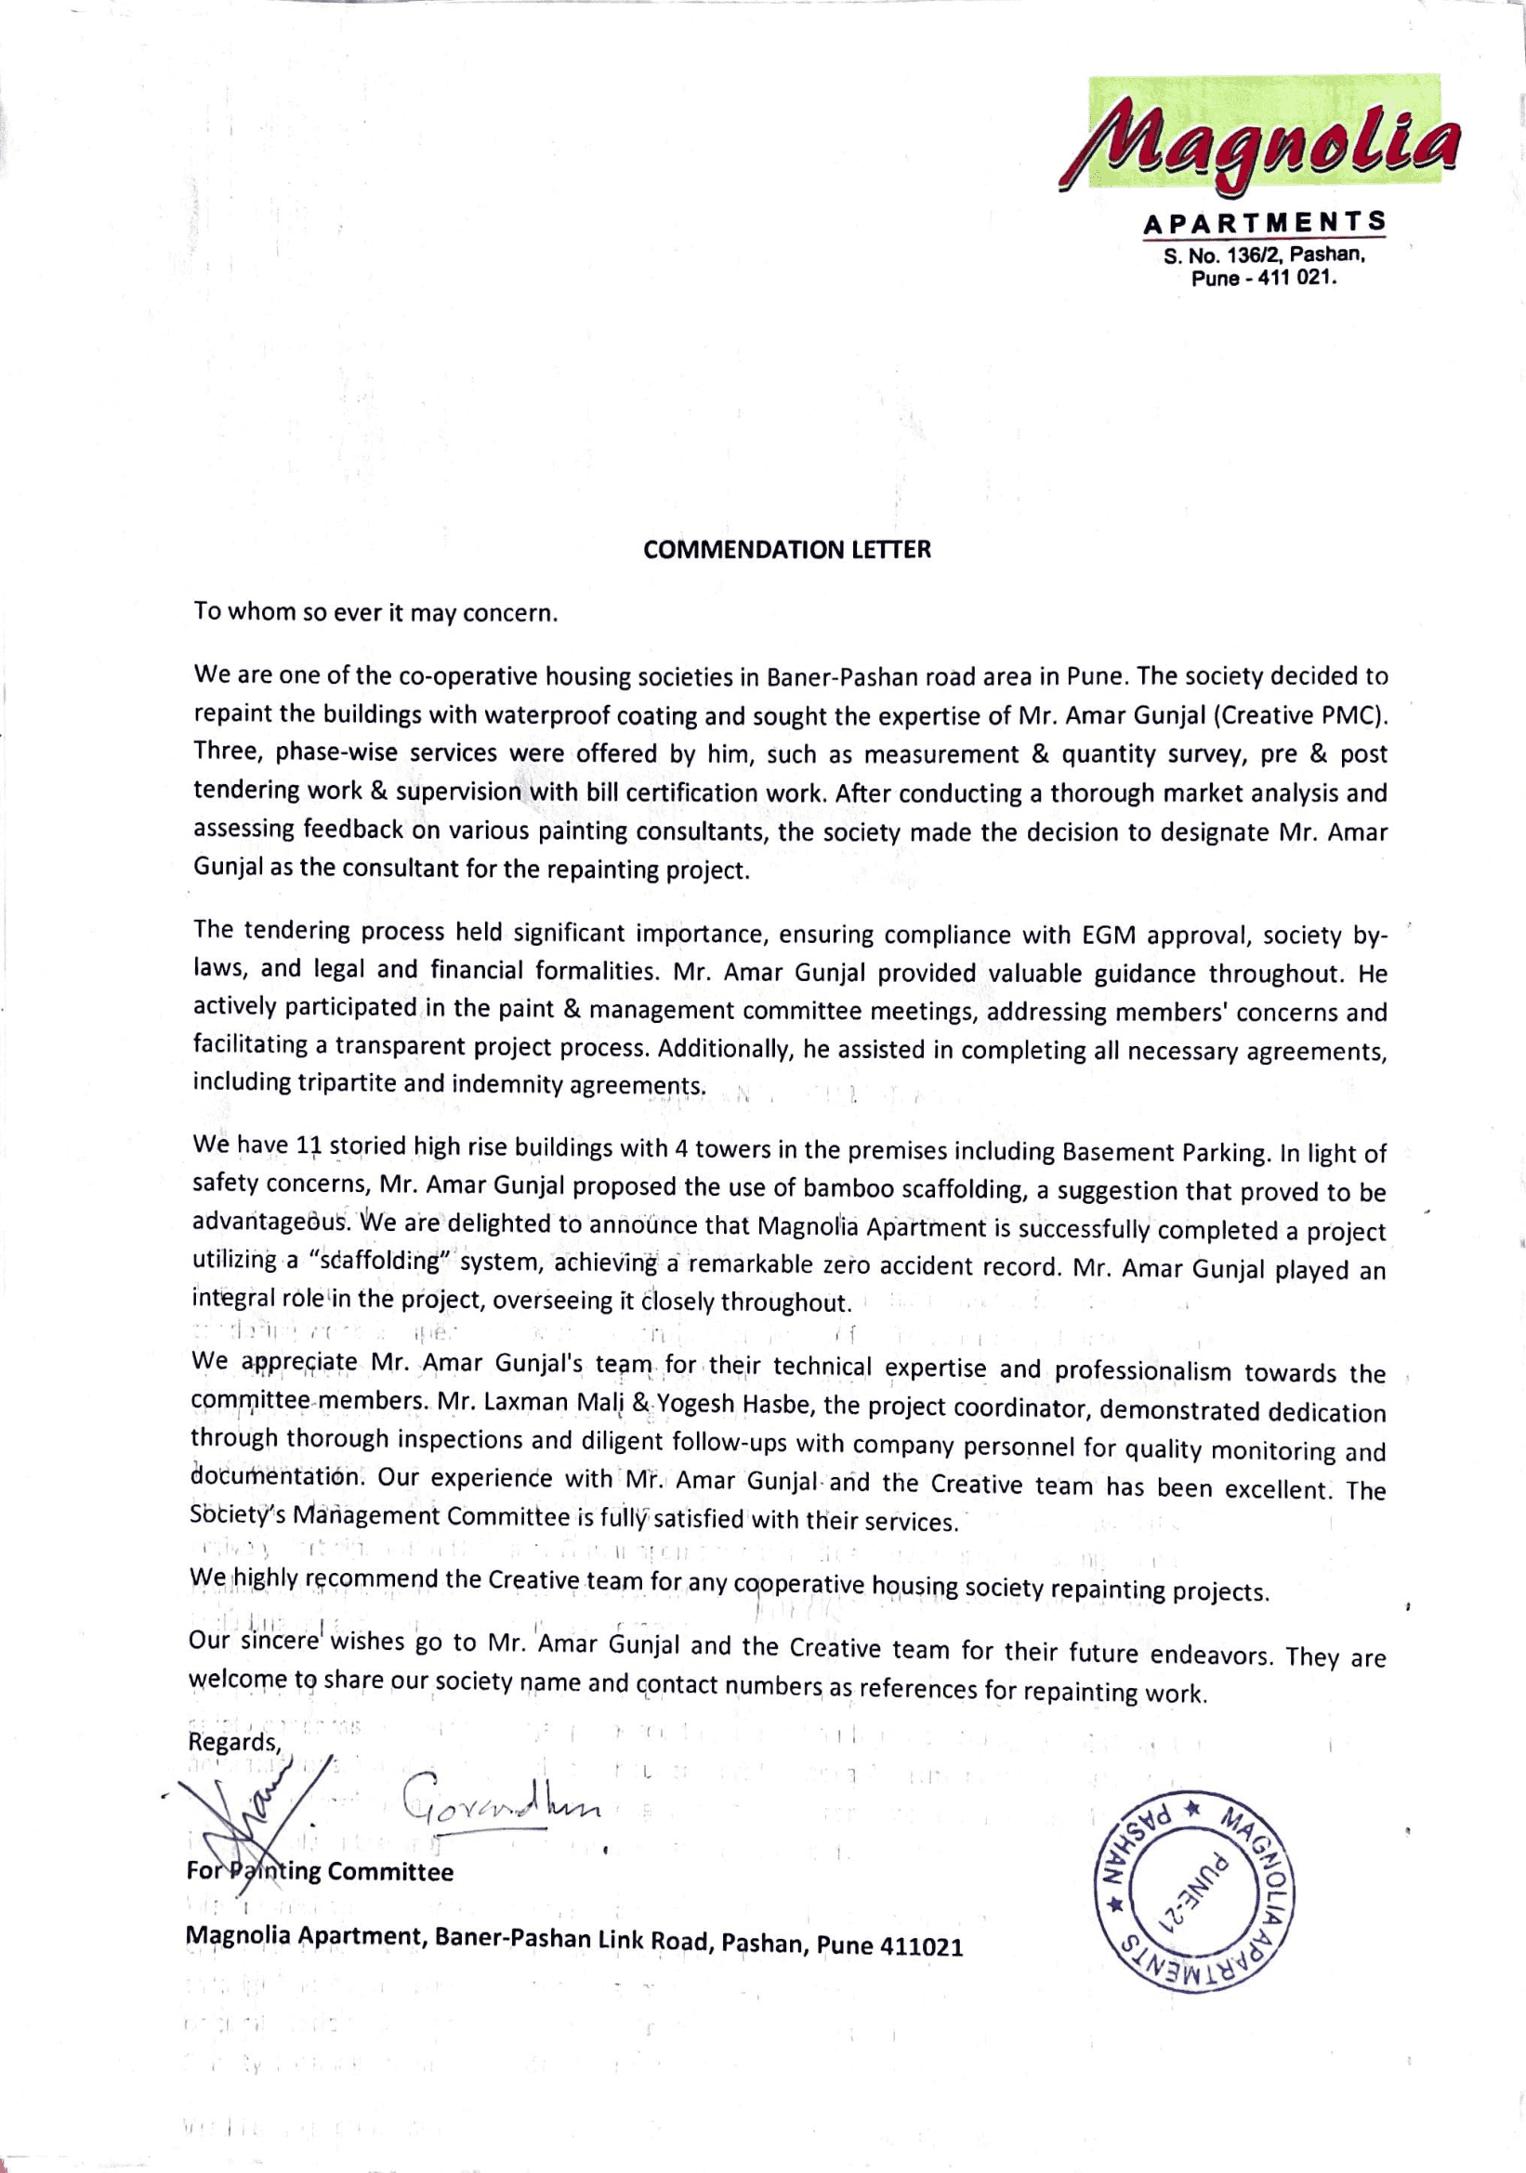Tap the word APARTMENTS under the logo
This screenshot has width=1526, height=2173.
[1265, 223]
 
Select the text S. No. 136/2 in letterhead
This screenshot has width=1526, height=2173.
[1221, 255]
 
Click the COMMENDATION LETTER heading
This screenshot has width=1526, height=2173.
[786, 550]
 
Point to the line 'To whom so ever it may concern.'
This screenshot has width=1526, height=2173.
[375, 612]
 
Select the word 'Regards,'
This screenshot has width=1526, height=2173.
[235, 1742]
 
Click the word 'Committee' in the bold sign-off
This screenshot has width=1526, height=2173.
[390, 1872]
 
